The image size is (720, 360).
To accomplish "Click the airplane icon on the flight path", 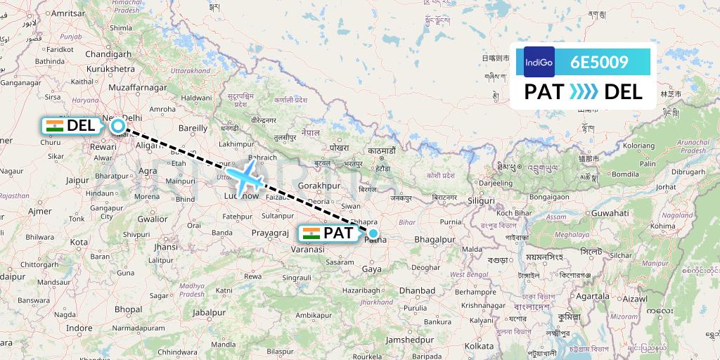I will tap(244, 176).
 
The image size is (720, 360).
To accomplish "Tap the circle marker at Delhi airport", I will tap(118, 126).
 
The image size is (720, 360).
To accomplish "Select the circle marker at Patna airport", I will tap(373, 233).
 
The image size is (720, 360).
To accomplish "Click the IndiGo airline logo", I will tap(539, 62).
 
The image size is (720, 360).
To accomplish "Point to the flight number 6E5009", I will tap(600, 62).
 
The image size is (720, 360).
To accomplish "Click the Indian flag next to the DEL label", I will tap(53, 126).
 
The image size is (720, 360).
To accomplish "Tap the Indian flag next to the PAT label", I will tap(311, 233).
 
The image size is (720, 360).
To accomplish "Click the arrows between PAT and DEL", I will tap(584, 91).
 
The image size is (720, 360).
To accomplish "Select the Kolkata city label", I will tap(478, 346).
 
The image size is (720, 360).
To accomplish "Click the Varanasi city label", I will tap(309, 249).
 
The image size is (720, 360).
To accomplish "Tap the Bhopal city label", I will tap(129, 309).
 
